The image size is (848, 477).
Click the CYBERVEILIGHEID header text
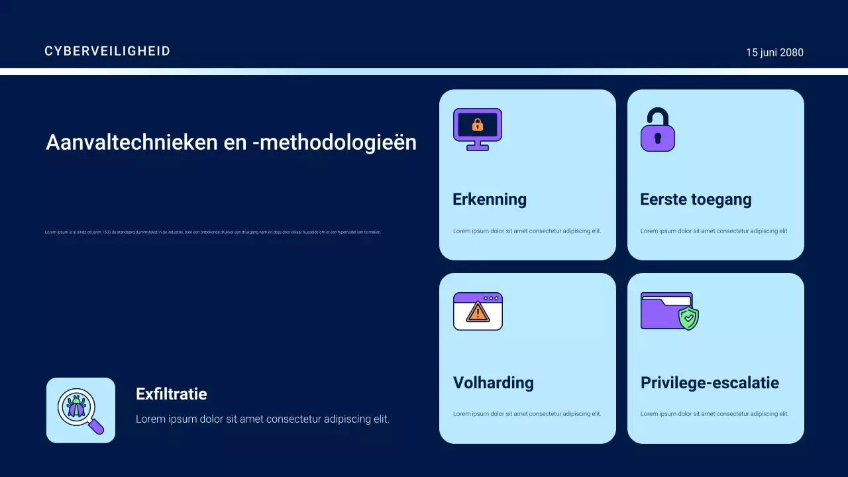coord(107,51)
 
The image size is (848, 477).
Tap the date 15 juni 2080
coord(774,52)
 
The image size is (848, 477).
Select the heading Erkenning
coord(490,199)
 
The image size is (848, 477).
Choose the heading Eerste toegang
coord(696,199)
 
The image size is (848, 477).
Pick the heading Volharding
coord(494,383)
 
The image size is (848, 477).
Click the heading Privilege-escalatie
coord(710,383)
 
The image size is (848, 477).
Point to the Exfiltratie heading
coord(172,394)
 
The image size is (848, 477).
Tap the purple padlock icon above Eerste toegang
coord(657,130)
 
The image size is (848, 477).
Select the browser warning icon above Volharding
coord(478,311)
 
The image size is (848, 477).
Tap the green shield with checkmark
coord(689,318)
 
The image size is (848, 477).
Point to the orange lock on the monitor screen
coord(478,125)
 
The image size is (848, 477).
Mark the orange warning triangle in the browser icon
coord(477,313)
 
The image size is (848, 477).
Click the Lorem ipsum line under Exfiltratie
coord(262,419)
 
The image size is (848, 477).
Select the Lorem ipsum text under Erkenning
coord(527,231)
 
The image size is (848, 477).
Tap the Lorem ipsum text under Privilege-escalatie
coord(714,414)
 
